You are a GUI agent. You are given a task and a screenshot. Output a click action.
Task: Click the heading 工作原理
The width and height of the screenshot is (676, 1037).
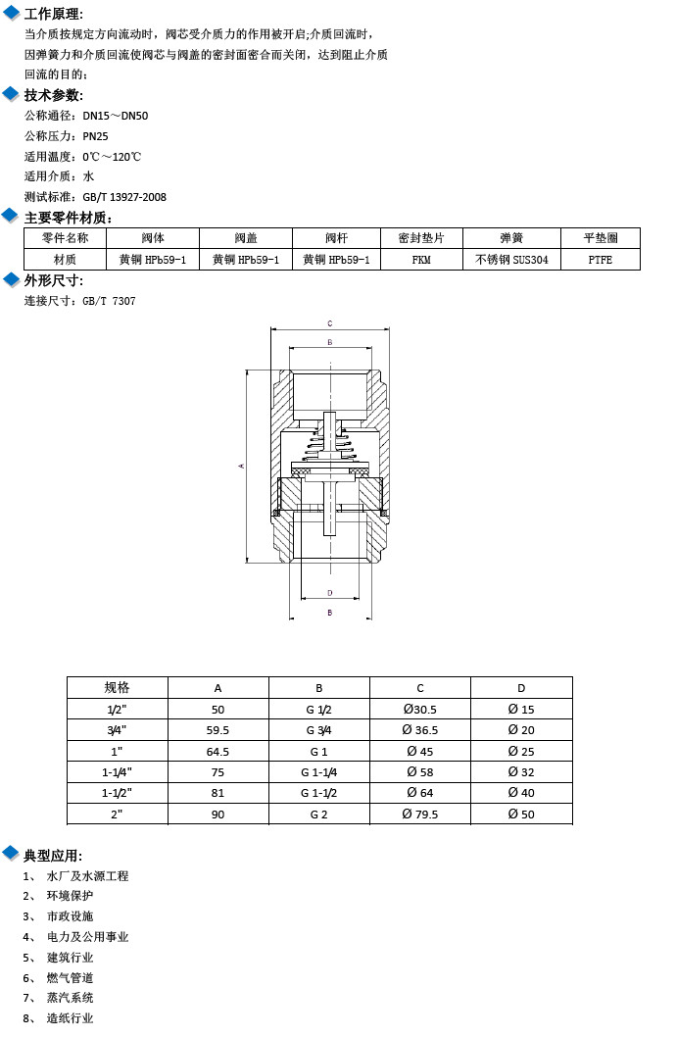53,14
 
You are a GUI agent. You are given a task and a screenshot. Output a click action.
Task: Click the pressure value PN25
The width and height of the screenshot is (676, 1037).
95,136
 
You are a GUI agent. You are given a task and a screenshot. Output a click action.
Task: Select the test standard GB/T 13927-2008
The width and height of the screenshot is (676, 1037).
124,197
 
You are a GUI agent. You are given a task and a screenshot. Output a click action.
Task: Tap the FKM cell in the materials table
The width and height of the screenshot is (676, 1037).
421,260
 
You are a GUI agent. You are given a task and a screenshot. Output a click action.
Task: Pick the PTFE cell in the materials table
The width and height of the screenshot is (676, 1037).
600,260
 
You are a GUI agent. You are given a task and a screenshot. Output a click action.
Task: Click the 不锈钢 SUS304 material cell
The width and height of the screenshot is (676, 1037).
511,260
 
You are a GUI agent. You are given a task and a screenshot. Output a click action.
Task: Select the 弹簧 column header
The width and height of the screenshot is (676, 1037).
511,238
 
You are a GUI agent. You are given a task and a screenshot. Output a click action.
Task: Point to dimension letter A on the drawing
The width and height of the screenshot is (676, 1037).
242,466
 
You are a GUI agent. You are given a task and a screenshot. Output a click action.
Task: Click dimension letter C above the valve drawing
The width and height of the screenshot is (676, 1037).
330,323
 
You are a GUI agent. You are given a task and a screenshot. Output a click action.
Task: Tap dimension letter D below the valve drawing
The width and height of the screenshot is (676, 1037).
330,593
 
